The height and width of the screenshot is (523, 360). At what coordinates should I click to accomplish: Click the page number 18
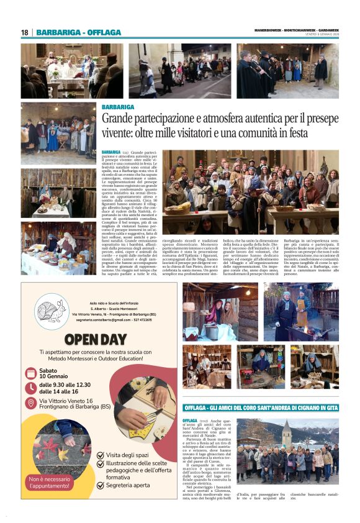pos(25,32)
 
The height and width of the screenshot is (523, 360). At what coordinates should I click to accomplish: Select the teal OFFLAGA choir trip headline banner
pos(261,407)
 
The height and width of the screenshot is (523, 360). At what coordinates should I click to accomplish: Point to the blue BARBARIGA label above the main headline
pos(118,107)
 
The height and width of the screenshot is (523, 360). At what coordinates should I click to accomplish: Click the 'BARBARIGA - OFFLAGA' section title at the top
pos(78,32)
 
